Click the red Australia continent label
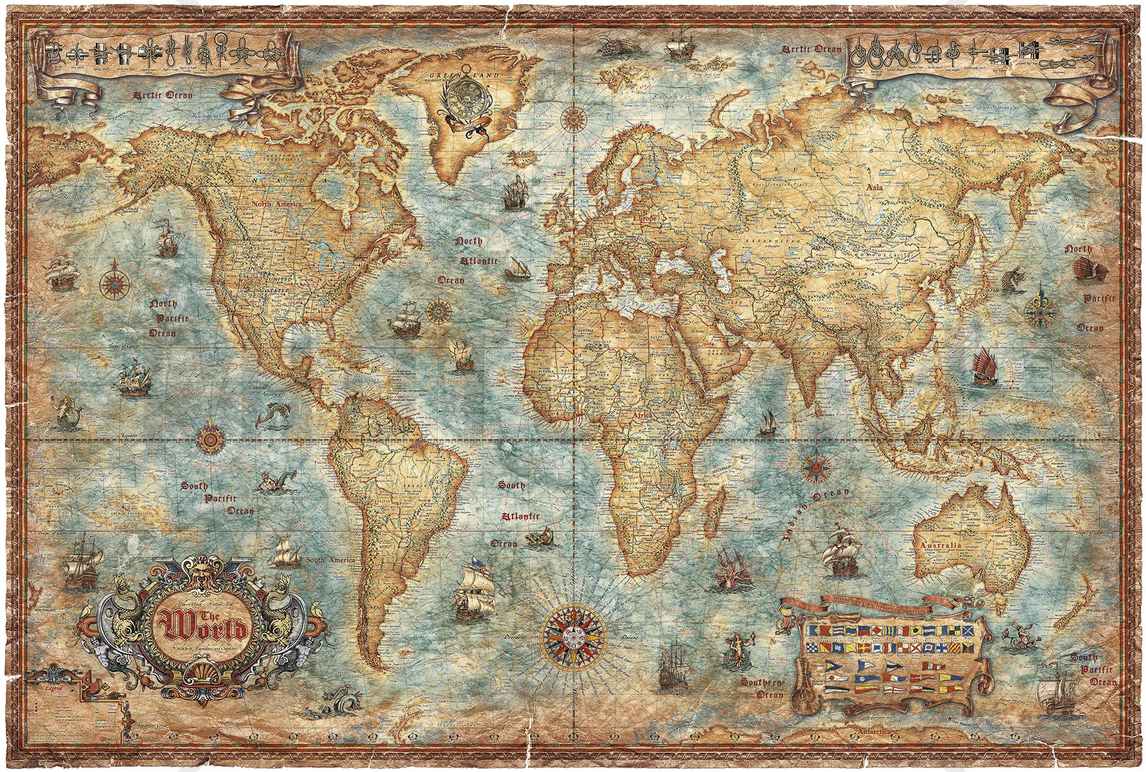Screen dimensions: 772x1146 click(x=938, y=545)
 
